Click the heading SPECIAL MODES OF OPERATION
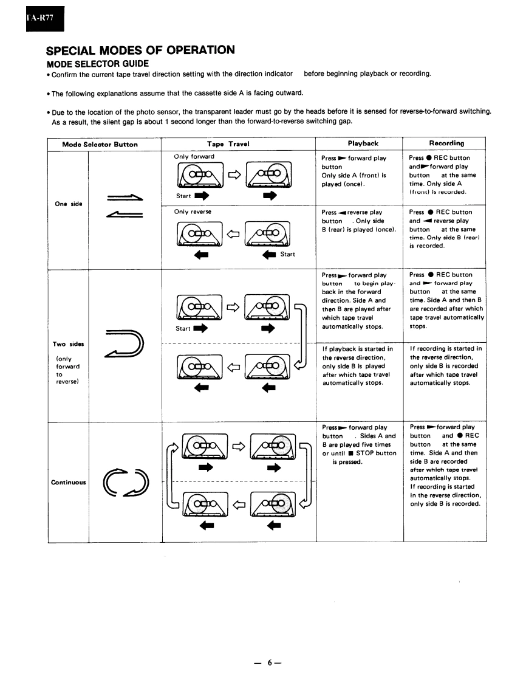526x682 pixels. coord(140,50)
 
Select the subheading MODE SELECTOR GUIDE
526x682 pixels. coord(98,63)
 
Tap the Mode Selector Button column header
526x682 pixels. coord(100,144)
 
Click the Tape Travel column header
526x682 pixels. coord(228,144)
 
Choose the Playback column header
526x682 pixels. coord(363,143)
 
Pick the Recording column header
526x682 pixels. coord(446,143)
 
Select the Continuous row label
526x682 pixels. coord(67,482)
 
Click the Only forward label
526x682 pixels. coord(194,157)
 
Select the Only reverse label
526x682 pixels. coord(193,212)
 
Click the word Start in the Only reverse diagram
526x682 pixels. coord(288,254)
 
